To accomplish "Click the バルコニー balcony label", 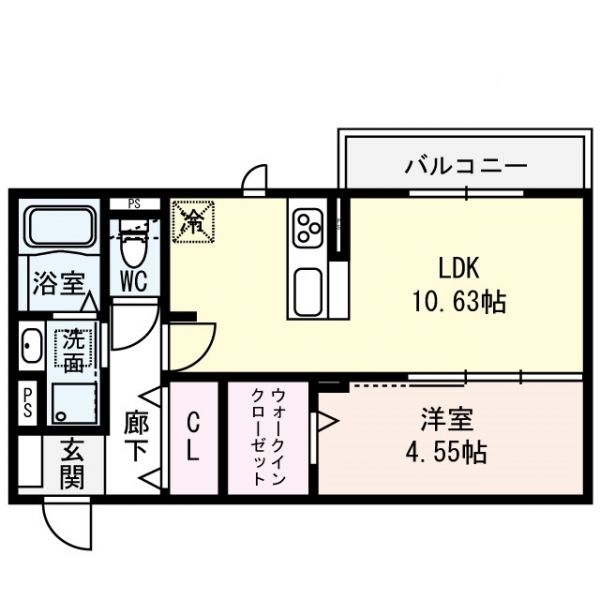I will click(465, 165).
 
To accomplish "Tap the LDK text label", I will click(459, 268).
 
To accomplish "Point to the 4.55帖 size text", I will click(447, 452).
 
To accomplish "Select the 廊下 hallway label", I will click(135, 437).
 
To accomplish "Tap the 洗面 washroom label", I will click(73, 351).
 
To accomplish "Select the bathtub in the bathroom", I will click(59, 228).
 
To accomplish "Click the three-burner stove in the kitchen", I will click(306, 229).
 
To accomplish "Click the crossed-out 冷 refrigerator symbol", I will click(193, 221).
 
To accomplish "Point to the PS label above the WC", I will click(133, 204).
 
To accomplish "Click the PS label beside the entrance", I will click(28, 404).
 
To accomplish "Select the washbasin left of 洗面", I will click(29, 347).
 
